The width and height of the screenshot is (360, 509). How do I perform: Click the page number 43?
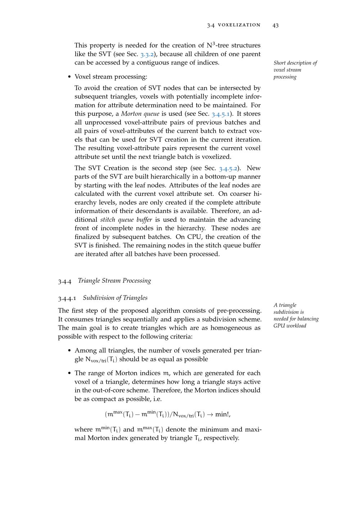[x=275, y=25]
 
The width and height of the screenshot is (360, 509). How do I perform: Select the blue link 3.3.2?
[x=147, y=54]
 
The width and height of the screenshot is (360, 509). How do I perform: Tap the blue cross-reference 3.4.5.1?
[x=221, y=114]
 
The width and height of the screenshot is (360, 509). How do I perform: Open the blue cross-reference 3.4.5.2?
[x=228, y=168]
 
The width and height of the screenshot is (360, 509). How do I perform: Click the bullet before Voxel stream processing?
[x=69, y=77]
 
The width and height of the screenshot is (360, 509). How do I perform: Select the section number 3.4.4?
[x=64, y=281]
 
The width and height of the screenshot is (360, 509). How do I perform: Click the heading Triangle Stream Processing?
[x=114, y=281]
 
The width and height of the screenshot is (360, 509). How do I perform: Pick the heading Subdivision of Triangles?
[x=115, y=298]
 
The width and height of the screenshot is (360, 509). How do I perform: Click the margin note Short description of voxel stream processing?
[x=295, y=70]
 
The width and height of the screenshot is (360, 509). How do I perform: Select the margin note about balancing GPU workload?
[x=296, y=315]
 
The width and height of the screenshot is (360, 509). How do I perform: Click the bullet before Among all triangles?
[x=69, y=351]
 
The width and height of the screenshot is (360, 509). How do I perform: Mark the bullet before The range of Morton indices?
[x=69, y=373]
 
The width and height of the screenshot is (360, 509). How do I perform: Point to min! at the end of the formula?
[x=222, y=414]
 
